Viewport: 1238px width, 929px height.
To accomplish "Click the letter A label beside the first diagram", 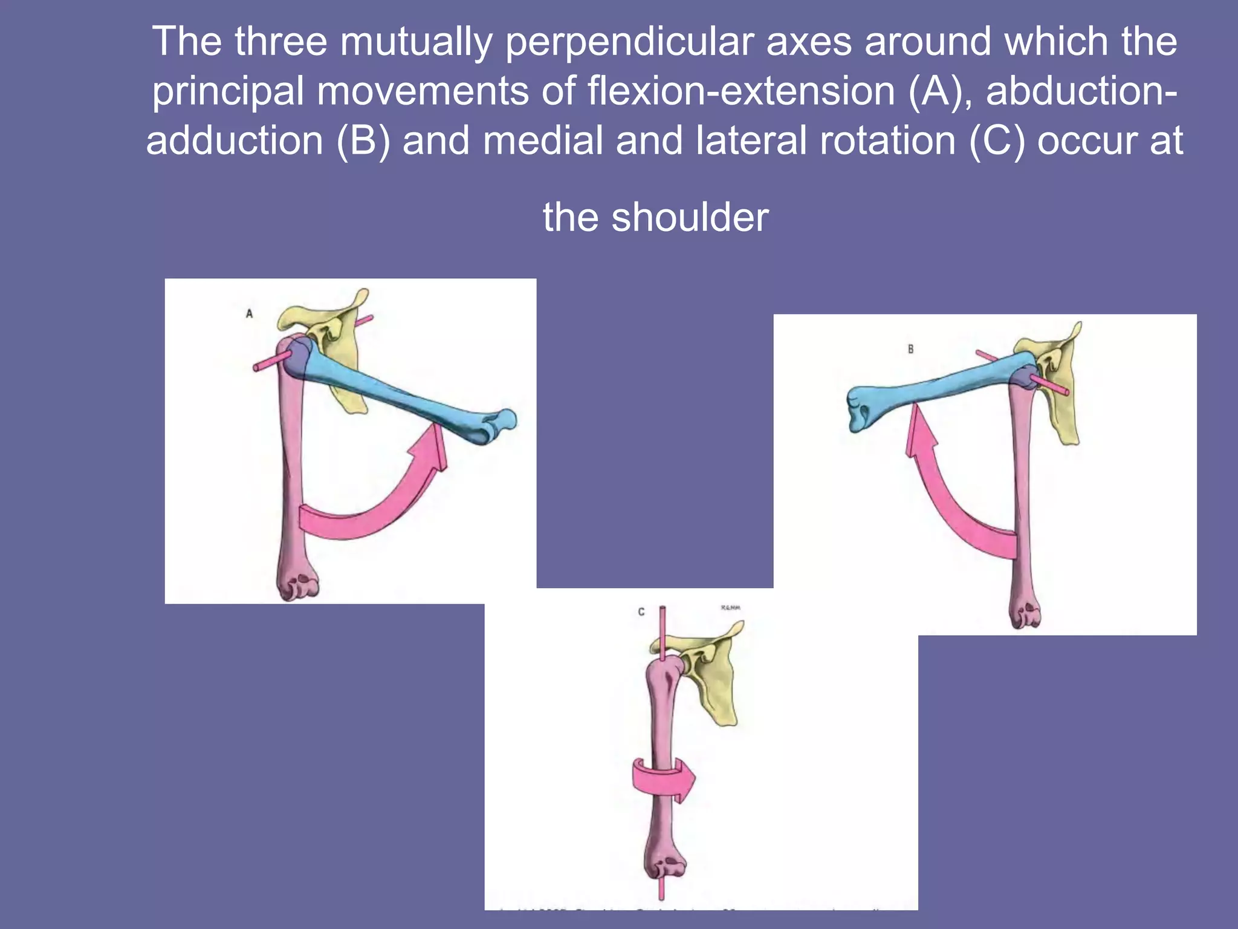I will point(249,313).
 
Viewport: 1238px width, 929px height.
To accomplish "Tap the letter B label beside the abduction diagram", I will point(910,349).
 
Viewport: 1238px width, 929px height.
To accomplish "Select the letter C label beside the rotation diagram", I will point(641,611).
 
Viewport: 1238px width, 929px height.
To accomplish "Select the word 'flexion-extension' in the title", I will point(741,91).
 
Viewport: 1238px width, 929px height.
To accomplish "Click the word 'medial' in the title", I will point(543,140).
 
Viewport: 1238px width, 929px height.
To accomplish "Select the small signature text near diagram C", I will point(730,607).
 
